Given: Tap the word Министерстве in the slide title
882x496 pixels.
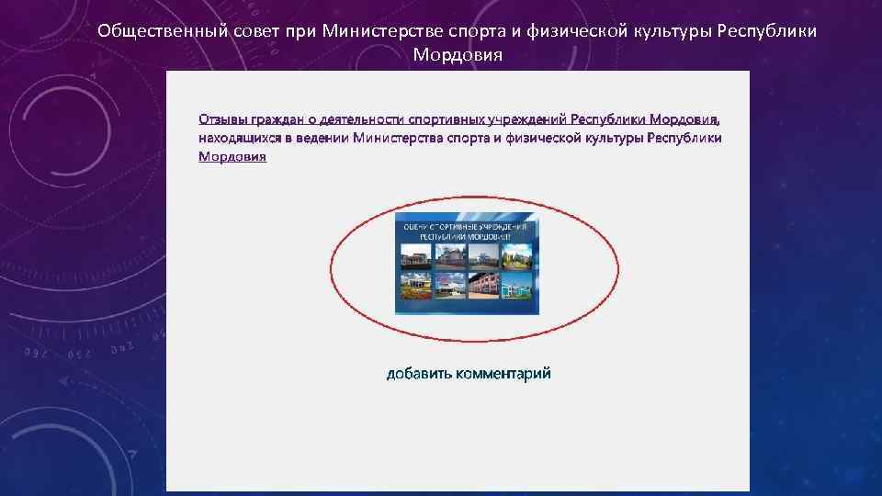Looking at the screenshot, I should pos(379,31).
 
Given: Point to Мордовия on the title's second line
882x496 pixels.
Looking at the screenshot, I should pos(458,55).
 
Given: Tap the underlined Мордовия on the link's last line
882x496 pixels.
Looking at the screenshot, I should pos(232,157).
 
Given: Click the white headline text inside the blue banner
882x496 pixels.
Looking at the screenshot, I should pos(467,231).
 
